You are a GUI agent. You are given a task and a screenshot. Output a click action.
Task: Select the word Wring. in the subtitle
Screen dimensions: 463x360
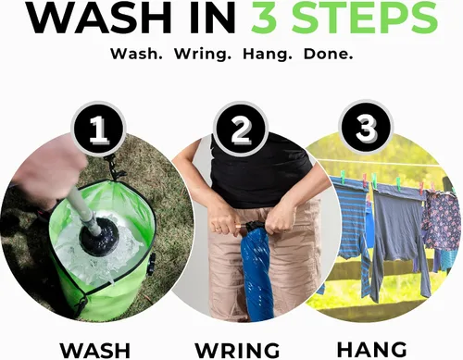pyautogui.click(x=203, y=54)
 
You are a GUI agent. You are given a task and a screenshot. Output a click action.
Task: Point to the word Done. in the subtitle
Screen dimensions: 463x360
pyautogui.click(x=329, y=54)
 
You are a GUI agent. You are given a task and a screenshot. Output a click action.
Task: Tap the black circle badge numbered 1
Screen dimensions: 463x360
pyautogui.click(x=99, y=129)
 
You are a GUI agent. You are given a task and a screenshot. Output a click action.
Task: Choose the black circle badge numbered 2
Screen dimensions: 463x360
pyautogui.click(x=241, y=129)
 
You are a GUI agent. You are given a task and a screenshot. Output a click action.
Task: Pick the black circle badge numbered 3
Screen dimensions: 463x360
pyautogui.click(x=366, y=127)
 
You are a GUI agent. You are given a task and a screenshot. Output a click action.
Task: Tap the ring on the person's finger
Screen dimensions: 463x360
pyautogui.click(x=219, y=228)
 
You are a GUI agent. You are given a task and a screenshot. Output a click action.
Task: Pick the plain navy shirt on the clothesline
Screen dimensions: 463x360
pyautogui.click(x=398, y=234)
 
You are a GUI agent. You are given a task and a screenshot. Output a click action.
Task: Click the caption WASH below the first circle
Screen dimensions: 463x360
pyautogui.click(x=95, y=351)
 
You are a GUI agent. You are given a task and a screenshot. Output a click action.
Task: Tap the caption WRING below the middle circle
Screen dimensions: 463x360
pyautogui.click(x=237, y=351)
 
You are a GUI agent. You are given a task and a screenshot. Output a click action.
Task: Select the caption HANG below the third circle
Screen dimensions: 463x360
pyautogui.click(x=371, y=349)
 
